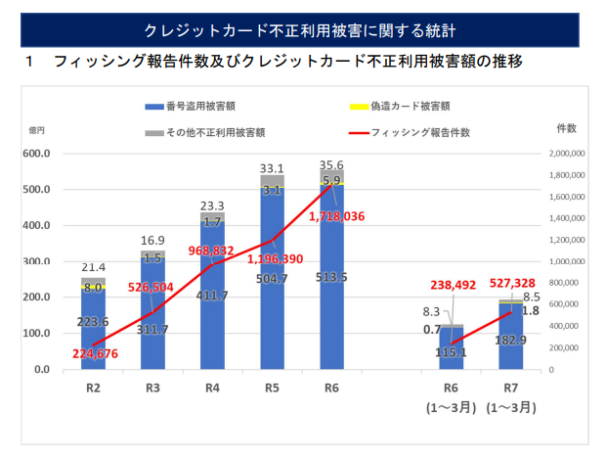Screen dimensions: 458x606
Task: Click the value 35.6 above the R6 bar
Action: click(331, 165)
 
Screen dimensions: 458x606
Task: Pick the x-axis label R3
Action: click(152, 388)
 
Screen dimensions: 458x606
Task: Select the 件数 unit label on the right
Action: click(567, 128)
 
